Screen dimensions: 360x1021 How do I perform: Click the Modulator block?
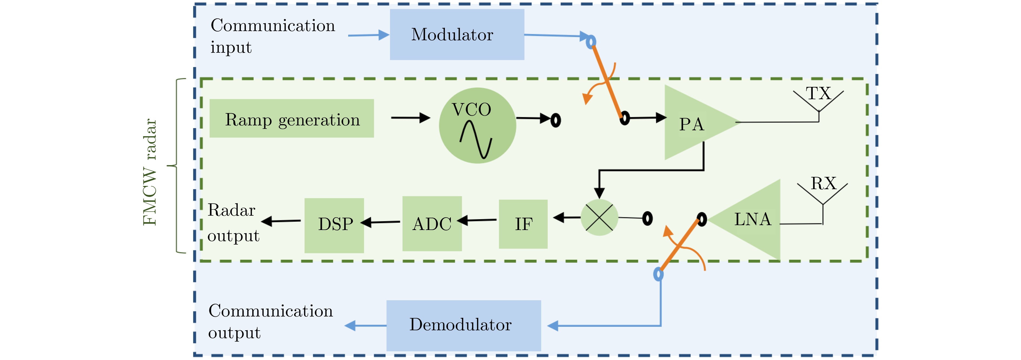(x=456, y=35)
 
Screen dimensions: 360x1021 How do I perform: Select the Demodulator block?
(x=463, y=325)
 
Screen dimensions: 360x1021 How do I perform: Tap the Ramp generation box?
(x=291, y=119)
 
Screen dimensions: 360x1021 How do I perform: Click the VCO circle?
(x=477, y=125)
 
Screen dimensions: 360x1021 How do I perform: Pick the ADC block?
(x=432, y=224)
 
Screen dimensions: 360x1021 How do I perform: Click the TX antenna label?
(x=818, y=94)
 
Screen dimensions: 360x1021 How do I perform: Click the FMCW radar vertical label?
(x=150, y=172)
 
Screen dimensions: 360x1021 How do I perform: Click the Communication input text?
(x=272, y=36)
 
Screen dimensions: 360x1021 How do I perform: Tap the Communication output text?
(x=270, y=321)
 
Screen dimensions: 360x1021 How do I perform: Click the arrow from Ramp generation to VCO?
(x=410, y=118)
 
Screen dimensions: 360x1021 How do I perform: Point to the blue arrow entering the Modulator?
(x=369, y=35)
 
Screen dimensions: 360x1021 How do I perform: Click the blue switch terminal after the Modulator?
(x=591, y=41)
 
